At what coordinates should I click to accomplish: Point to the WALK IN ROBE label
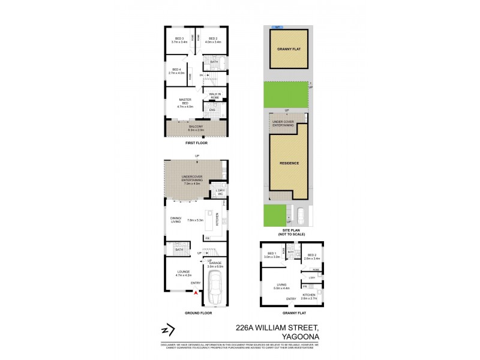pos(214,95)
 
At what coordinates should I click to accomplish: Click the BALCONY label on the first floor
pos(197,127)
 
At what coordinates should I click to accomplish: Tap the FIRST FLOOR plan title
pos(196,144)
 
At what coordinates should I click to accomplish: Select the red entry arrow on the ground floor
pos(195,293)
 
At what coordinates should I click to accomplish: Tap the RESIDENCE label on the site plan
pos(289,163)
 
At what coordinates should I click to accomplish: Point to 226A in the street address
pos(245,328)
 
